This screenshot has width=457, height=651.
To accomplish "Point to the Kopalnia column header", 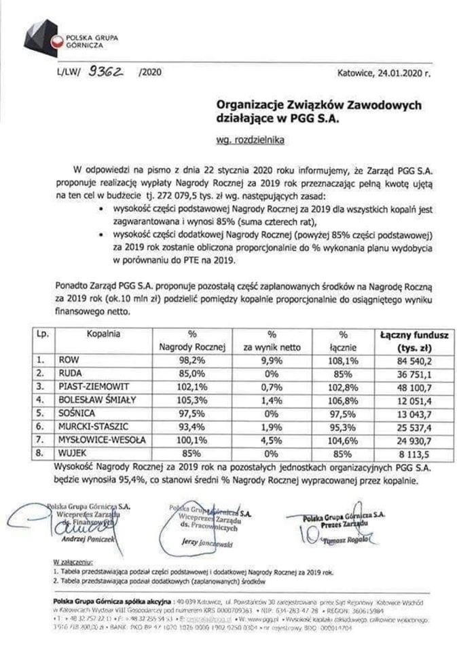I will [x=103, y=334].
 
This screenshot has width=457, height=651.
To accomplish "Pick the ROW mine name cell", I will [x=69, y=359].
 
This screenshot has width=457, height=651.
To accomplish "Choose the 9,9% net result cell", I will [x=271, y=359].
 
